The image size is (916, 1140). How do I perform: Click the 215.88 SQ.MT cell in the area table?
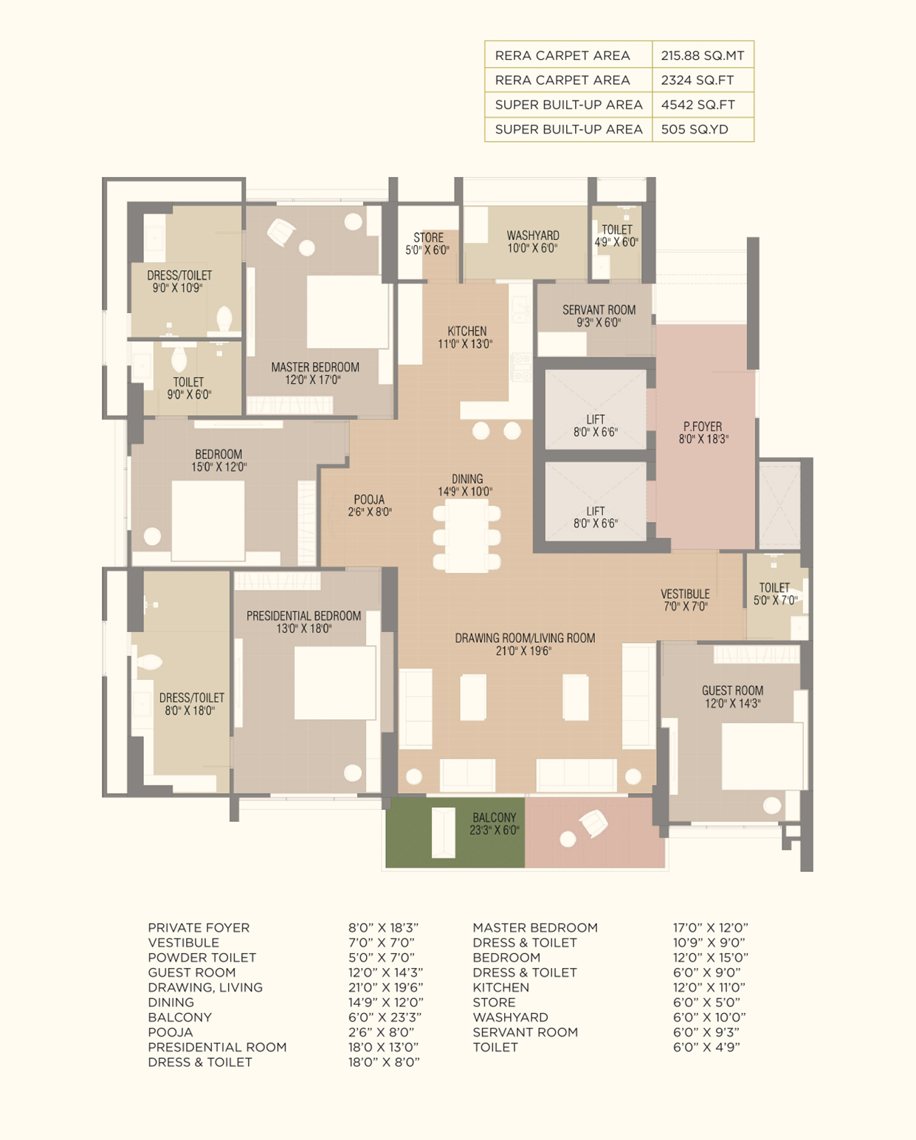coord(703,55)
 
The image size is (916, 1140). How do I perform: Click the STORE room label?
coord(428,237)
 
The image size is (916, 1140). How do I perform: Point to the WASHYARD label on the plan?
coord(532,236)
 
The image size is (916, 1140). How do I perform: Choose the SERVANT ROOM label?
coord(599,309)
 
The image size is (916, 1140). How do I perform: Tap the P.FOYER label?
coord(703,426)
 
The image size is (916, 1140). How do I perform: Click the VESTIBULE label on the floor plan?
coord(685,594)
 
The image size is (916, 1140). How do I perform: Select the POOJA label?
coord(369,499)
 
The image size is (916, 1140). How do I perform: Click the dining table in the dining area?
coord(466,537)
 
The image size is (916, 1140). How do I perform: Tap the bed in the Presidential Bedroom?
coord(335,683)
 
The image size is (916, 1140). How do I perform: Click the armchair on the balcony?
coord(593,824)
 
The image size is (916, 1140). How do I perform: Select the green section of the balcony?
coord(455,833)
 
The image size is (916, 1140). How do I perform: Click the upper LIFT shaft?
coord(596,410)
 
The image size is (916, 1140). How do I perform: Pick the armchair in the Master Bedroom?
coord(280,232)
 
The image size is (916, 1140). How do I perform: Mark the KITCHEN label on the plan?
coord(466,331)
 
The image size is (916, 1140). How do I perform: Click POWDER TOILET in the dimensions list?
coord(202,957)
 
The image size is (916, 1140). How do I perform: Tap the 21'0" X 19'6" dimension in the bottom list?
coord(386,987)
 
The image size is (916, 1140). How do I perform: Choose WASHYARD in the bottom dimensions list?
coord(510,1017)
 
